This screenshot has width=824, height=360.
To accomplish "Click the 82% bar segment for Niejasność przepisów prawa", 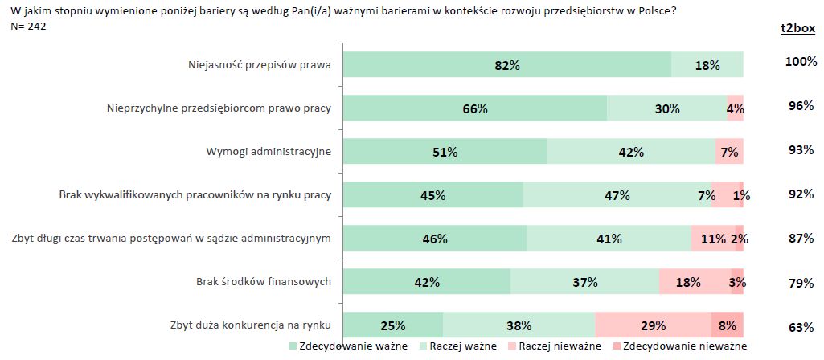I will point(507,65).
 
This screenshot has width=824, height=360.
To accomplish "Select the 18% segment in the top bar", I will point(707,65).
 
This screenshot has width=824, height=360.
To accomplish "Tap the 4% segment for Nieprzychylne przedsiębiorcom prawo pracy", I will point(735,108).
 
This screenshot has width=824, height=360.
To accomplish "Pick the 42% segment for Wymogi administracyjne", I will point(631,152).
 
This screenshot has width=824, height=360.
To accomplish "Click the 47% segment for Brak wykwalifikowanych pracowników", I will point(617,195).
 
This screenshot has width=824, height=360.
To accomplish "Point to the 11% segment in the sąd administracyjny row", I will point(713,239).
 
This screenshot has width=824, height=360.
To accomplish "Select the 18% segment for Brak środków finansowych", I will point(688,282).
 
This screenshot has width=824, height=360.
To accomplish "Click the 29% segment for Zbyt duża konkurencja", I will point(653,325).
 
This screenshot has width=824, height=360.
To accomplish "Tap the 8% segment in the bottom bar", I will point(728,325).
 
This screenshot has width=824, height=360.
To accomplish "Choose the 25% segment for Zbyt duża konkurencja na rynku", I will point(393,325).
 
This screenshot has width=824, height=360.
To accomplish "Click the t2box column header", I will point(797,28).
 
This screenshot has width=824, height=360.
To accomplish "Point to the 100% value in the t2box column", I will point(800,62).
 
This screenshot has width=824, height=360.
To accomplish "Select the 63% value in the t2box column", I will point(800,325).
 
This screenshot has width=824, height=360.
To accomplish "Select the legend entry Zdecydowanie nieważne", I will point(679,346).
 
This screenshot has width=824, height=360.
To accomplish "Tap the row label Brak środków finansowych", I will point(264,282).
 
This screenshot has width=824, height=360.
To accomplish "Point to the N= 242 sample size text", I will point(27,26).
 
